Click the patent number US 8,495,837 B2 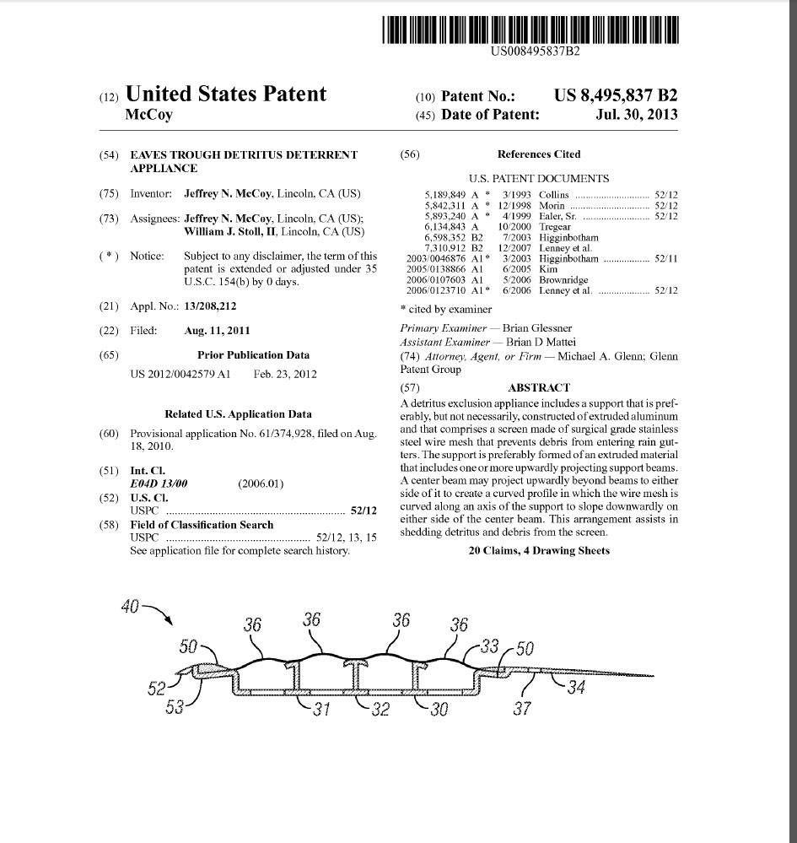tap(616, 95)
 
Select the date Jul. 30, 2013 tap(637, 115)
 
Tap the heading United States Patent tap(225, 94)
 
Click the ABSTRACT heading tap(539, 387)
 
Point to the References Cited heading tap(539, 154)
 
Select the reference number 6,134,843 tap(449, 227)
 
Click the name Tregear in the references tap(555, 227)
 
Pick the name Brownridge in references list tap(564, 280)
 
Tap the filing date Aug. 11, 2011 tap(217, 331)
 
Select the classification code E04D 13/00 tap(159, 484)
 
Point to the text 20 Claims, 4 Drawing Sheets tap(539, 551)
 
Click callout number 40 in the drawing tap(130, 606)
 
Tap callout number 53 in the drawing tap(175, 707)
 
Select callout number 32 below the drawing tap(380, 710)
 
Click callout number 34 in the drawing tap(576, 688)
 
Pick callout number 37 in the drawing tap(522, 708)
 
